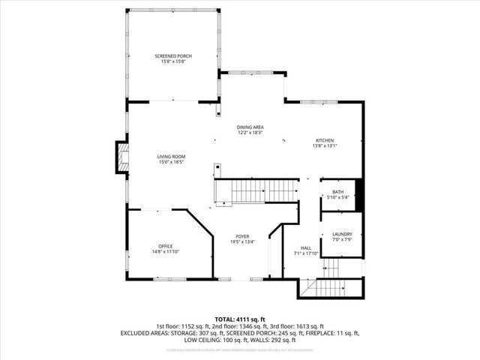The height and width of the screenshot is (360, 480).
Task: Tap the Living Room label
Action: [171, 156]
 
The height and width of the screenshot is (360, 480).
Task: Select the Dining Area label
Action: [250, 127]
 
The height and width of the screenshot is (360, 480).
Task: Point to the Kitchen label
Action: [324, 140]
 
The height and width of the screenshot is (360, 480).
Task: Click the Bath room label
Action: [338, 192]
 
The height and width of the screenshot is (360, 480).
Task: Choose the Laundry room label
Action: [342, 235]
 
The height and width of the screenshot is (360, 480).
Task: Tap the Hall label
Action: [306, 248]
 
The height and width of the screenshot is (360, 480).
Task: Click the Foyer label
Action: [242, 236]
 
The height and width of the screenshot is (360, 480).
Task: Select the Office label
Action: [166, 246]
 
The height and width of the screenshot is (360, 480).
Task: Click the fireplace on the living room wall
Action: [118, 157]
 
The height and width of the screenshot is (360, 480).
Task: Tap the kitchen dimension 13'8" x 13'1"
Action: [324, 145]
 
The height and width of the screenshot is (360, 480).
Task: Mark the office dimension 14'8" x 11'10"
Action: [166, 252]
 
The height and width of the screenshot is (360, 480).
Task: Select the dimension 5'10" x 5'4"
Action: [338, 198]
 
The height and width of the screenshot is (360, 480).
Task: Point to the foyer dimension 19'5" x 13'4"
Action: [242, 242]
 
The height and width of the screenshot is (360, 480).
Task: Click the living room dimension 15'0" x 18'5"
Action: [171, 162]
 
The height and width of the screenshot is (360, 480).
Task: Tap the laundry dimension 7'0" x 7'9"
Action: [342, 240]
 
